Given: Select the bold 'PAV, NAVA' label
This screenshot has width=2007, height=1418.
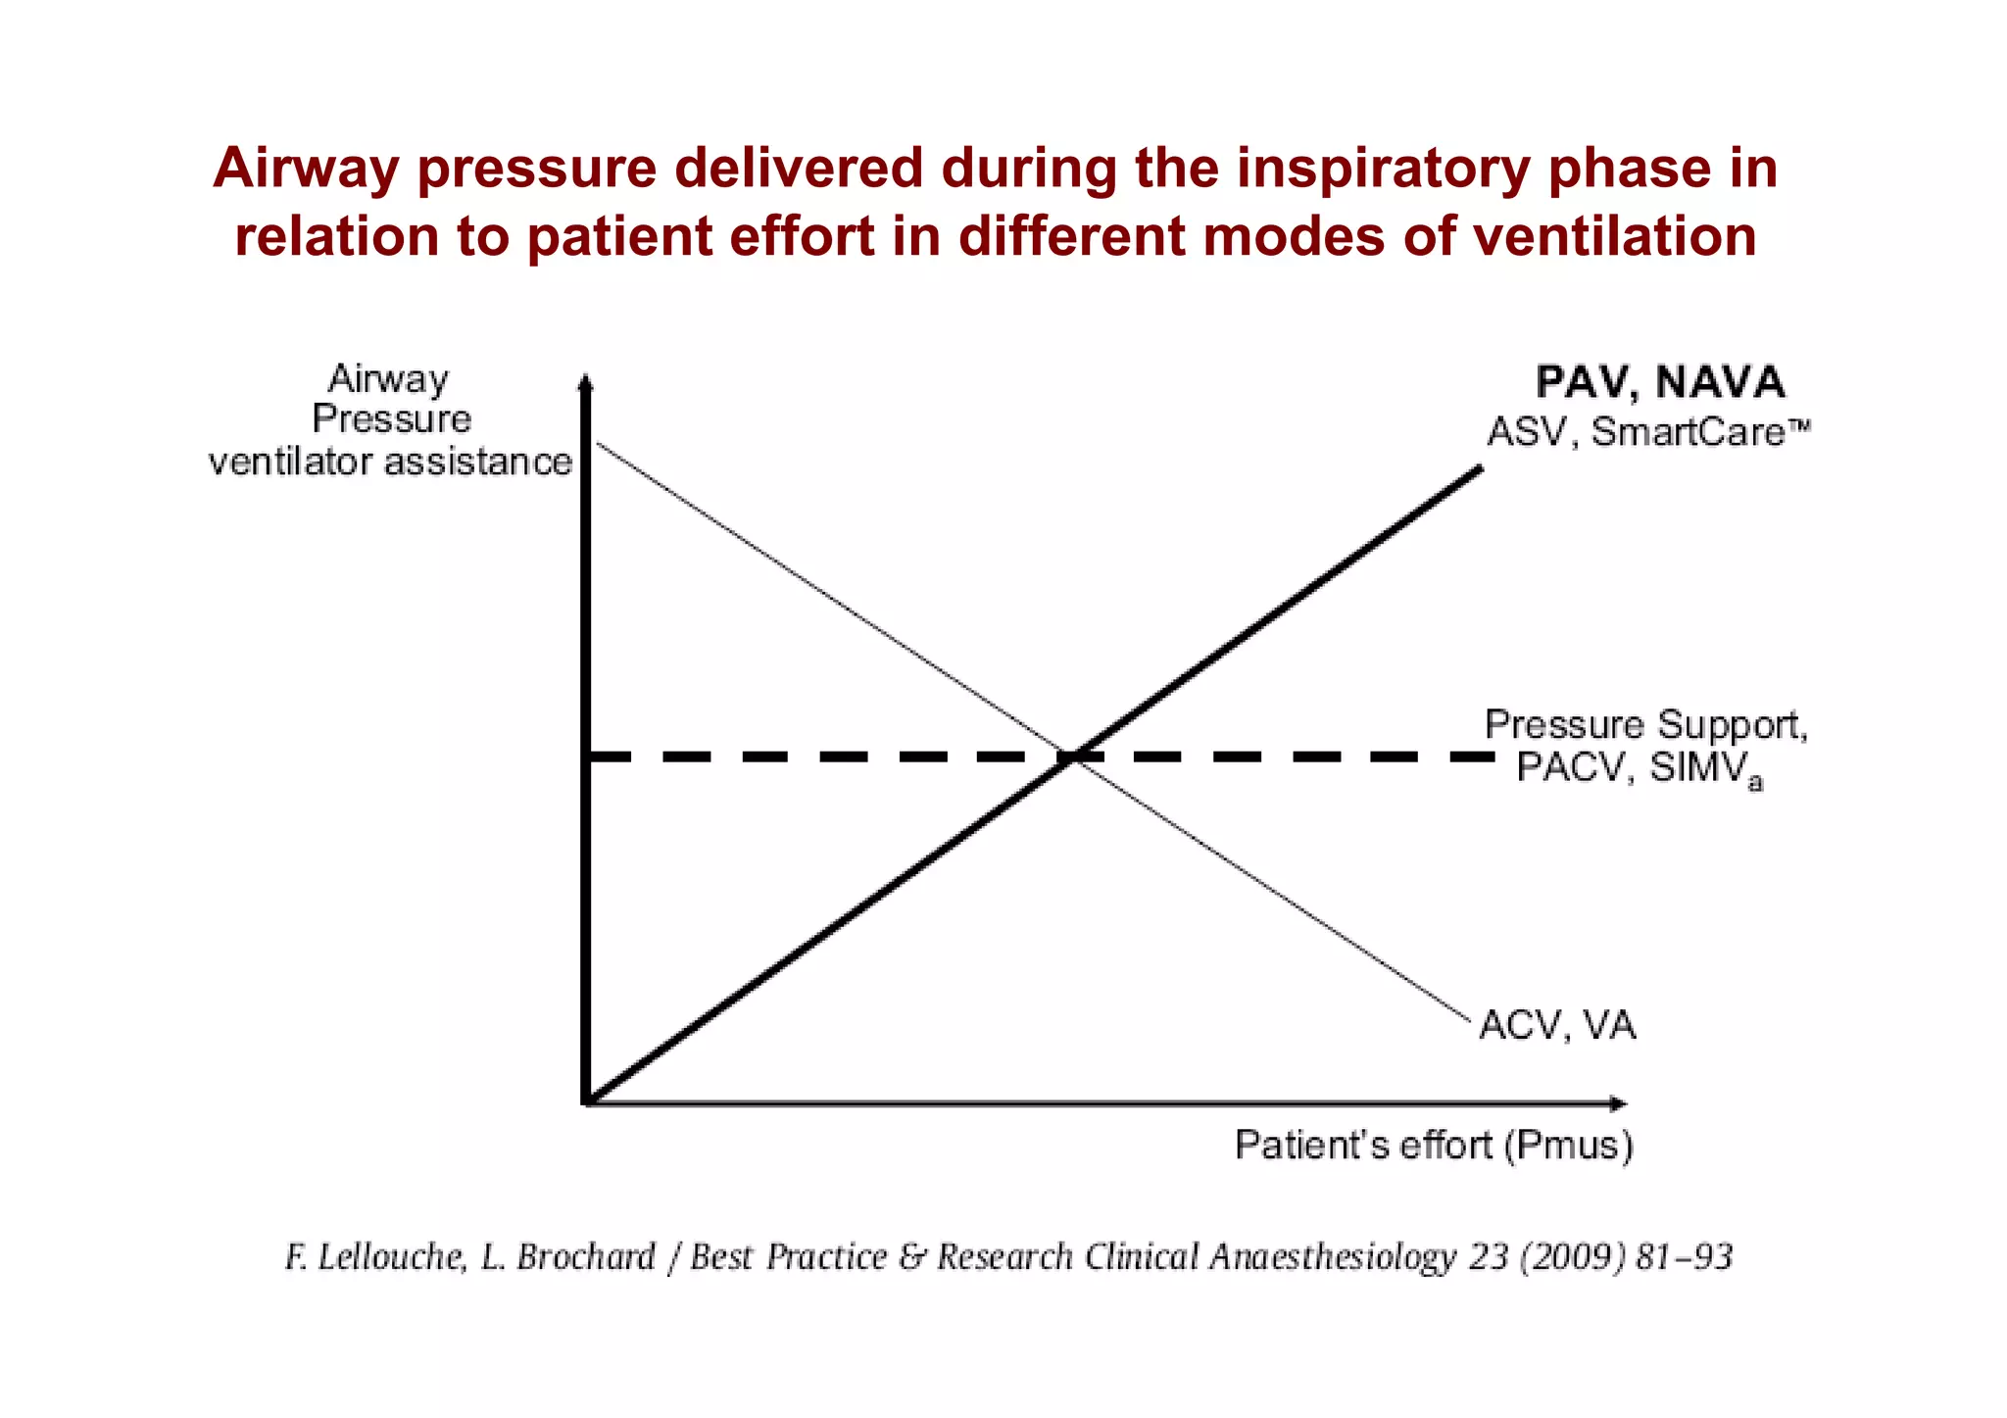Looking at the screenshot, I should point(1660,382).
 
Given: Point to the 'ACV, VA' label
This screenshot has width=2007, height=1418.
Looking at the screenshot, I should point(1557,1026).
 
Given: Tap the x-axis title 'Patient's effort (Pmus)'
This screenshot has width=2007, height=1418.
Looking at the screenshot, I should point(1434,1145).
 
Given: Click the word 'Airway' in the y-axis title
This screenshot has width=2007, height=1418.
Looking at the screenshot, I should point(388,378).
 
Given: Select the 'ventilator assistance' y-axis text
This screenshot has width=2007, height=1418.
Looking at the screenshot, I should point(390,462).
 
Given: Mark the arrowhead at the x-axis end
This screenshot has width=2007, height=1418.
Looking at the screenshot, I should point(1619,1104).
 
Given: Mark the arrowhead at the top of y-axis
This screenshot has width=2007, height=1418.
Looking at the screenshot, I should point(585,382).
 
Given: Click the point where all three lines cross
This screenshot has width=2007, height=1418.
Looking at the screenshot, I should point(1069,757).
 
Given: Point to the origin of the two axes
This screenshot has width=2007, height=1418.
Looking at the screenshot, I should point(586,1103).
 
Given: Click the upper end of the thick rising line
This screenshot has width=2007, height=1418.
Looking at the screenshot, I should point(1480,469).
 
